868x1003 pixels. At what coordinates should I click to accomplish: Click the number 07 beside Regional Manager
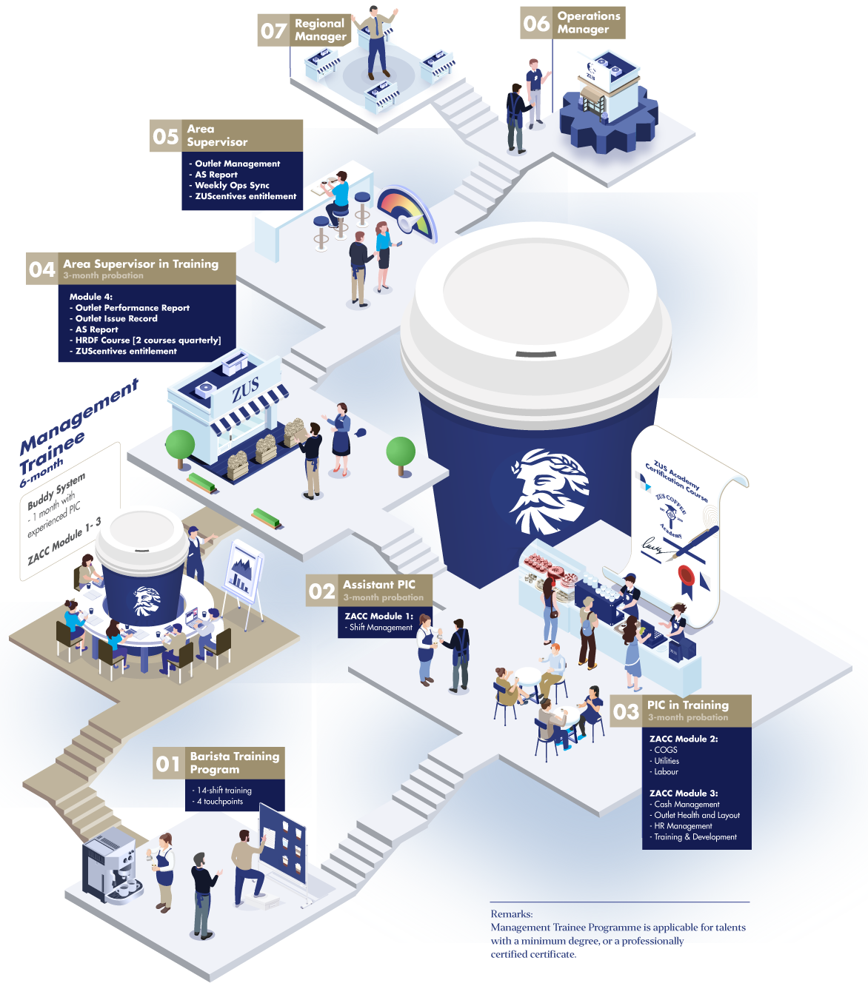tap(273, 31)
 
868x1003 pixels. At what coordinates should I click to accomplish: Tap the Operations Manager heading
tap(588, 23)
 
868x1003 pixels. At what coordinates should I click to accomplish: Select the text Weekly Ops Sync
tap(232, 185)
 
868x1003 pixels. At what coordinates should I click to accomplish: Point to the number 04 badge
tap(41, 269)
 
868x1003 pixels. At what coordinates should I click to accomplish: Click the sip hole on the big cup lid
tap(535, 355)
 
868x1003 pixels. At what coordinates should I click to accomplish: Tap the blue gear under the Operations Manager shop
tap(609, 121)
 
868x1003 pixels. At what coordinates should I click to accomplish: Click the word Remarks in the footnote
tap(512, 914)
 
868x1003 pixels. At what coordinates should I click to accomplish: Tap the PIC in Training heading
tap(688, 705)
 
